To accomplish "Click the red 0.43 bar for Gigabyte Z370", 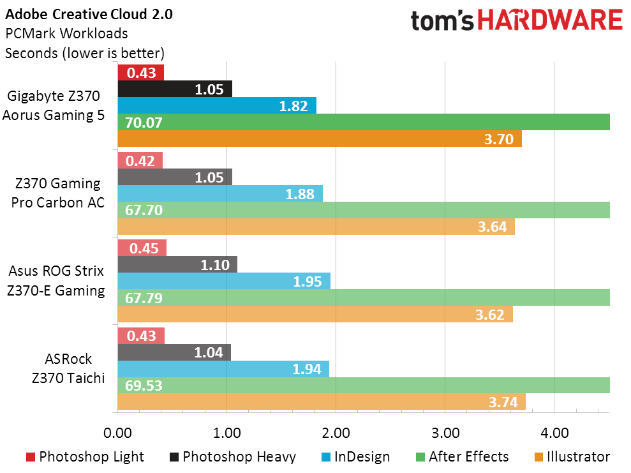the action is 141,73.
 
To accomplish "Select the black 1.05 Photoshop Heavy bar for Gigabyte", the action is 175,89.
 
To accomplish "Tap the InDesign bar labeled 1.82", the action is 217,105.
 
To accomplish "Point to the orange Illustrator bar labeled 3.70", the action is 320,139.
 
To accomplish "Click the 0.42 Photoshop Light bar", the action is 140,161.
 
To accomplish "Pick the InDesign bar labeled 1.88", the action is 220,193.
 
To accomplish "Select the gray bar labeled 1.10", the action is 177,264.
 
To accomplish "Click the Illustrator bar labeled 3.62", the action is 315,314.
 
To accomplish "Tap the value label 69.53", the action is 144,386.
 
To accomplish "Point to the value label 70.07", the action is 144,123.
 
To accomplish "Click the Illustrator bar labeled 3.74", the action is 322,402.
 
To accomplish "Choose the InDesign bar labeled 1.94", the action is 223,369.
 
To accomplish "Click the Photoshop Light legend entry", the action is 85,456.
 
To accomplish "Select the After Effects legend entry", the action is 462,456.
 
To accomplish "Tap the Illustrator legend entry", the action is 572,456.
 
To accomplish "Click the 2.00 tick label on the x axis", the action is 336,433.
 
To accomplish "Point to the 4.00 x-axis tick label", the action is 554,433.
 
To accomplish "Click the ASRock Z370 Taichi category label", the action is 68,368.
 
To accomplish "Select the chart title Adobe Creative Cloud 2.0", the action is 89,15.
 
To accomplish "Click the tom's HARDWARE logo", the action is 517,20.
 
